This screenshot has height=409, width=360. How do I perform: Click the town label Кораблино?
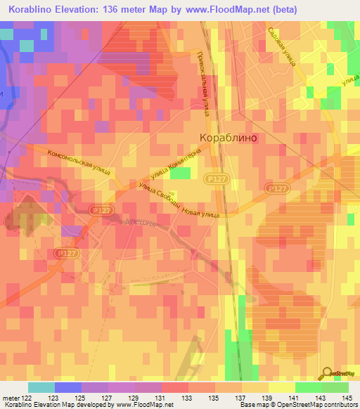(229, 138)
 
